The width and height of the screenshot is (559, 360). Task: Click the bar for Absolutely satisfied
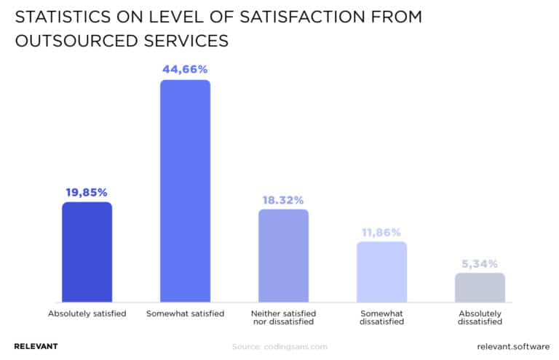click(x=87, y=252)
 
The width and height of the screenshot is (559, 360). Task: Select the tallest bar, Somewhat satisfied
click(x=185, y=191)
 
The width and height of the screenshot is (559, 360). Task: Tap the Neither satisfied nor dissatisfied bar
click(x=283, y=255)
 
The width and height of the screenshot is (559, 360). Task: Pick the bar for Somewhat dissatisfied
click(x=381, y=271)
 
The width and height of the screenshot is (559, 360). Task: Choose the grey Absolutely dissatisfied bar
click(x=480, y=287)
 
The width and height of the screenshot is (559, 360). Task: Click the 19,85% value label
click(x=87, y=193)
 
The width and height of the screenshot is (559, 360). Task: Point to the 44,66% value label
click(x=185, y=70)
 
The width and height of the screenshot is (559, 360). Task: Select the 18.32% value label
click(x=283, y=200)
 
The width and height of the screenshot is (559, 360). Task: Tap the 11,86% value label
click(x=381, y=232)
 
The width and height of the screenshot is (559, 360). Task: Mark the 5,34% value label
click(x=480, y=263)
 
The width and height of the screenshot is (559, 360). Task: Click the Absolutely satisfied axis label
click(x=87, y=313)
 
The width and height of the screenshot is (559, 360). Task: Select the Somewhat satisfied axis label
click(x=185, y=313)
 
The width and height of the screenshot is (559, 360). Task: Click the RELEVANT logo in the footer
click(x=36, y=346)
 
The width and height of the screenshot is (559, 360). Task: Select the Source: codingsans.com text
click(x=279, y=347)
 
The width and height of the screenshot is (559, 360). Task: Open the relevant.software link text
click(x=513, y=346)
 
